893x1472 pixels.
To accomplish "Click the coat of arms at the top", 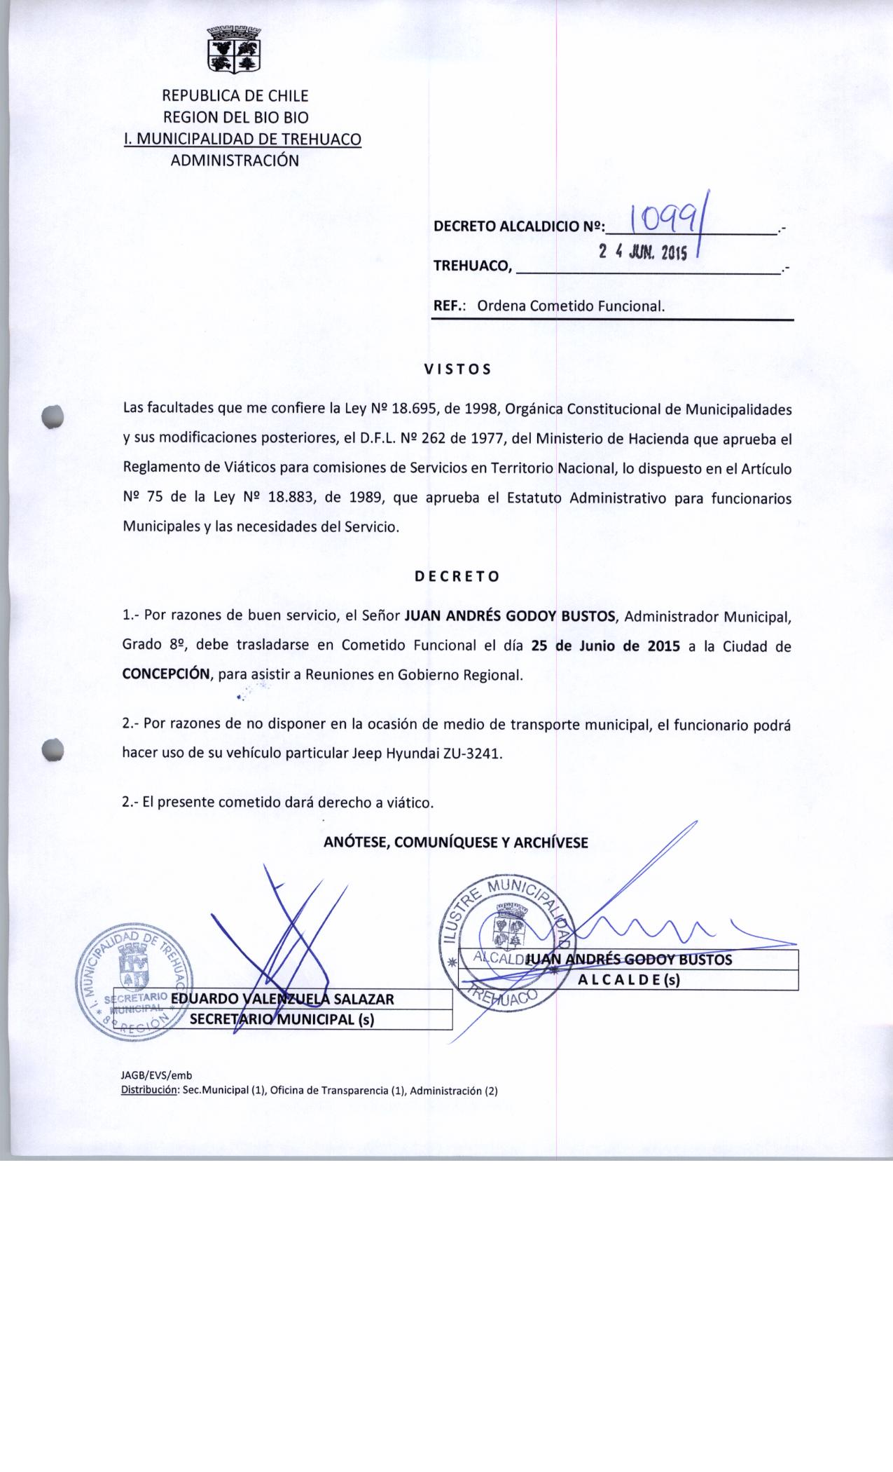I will (235, 49).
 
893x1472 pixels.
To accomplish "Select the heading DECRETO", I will (457, 577).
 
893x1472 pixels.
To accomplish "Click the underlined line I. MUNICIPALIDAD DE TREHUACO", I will (242, 139).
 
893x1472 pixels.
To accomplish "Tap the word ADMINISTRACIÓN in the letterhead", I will (235, 161).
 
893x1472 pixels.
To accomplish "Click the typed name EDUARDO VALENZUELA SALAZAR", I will (282, 999).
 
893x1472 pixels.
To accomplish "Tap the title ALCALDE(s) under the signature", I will (629, 981).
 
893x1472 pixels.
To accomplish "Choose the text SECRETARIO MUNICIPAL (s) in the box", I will (282, 1020).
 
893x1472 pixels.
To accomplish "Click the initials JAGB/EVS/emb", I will (157, 1075).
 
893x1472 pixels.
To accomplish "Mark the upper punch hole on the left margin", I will (53, 416).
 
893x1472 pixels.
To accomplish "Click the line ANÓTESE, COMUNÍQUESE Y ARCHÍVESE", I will (455, 843).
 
